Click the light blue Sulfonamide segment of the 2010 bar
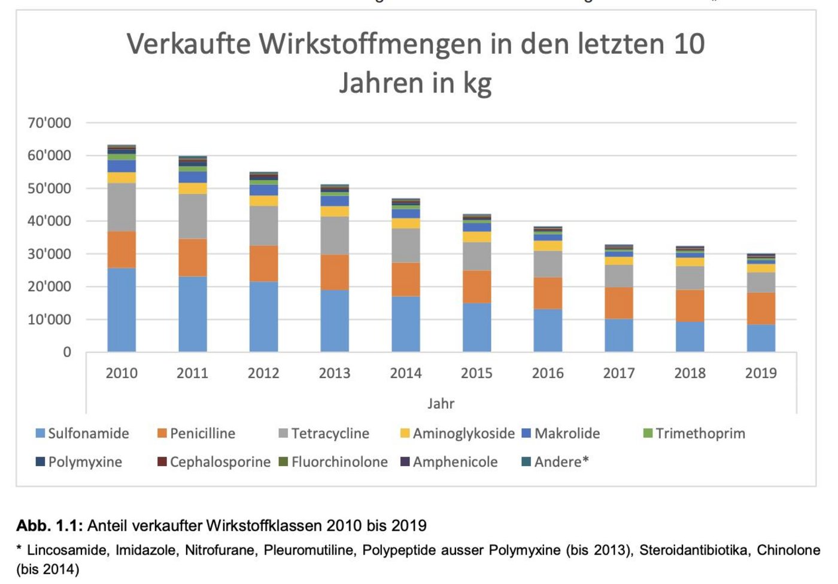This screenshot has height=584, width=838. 122,309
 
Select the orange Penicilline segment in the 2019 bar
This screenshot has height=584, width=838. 761,308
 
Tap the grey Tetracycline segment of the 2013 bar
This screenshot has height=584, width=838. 335,235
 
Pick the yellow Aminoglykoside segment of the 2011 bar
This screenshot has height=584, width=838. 193,188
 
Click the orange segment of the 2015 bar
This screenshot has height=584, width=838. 476,287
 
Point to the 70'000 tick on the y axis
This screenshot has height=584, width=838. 49,123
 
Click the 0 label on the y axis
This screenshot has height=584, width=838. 67,352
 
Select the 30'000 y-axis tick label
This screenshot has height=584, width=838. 49,254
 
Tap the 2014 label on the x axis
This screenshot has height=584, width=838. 406,373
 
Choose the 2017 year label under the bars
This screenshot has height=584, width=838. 619,373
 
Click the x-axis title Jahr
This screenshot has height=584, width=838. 441,404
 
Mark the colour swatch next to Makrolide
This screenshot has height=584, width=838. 526,433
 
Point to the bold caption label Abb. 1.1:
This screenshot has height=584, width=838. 50,526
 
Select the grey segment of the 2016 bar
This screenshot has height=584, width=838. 548,264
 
